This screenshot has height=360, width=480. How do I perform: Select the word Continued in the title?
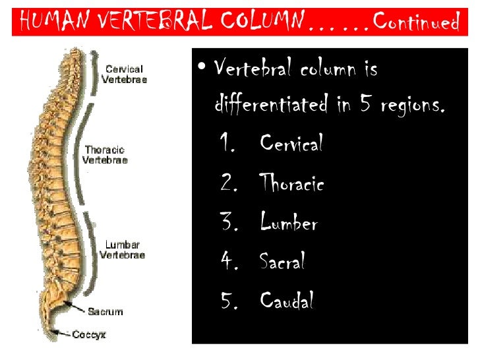415,22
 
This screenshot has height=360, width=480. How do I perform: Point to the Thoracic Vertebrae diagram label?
105,154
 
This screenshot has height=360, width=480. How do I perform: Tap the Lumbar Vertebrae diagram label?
122,249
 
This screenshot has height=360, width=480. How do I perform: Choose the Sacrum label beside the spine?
106,311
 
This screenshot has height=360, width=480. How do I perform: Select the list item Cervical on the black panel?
291,143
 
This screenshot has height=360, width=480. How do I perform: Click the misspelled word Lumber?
289,223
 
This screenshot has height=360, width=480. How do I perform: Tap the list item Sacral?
282,262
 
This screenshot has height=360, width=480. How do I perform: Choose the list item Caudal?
286,301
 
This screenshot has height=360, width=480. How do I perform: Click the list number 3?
229,223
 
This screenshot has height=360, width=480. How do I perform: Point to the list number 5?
229,301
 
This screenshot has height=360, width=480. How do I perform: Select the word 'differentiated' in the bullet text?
271,104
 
